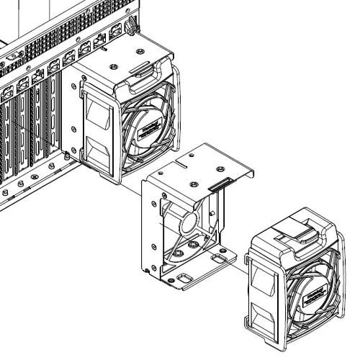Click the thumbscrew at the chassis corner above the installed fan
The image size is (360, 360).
point(130,28)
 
